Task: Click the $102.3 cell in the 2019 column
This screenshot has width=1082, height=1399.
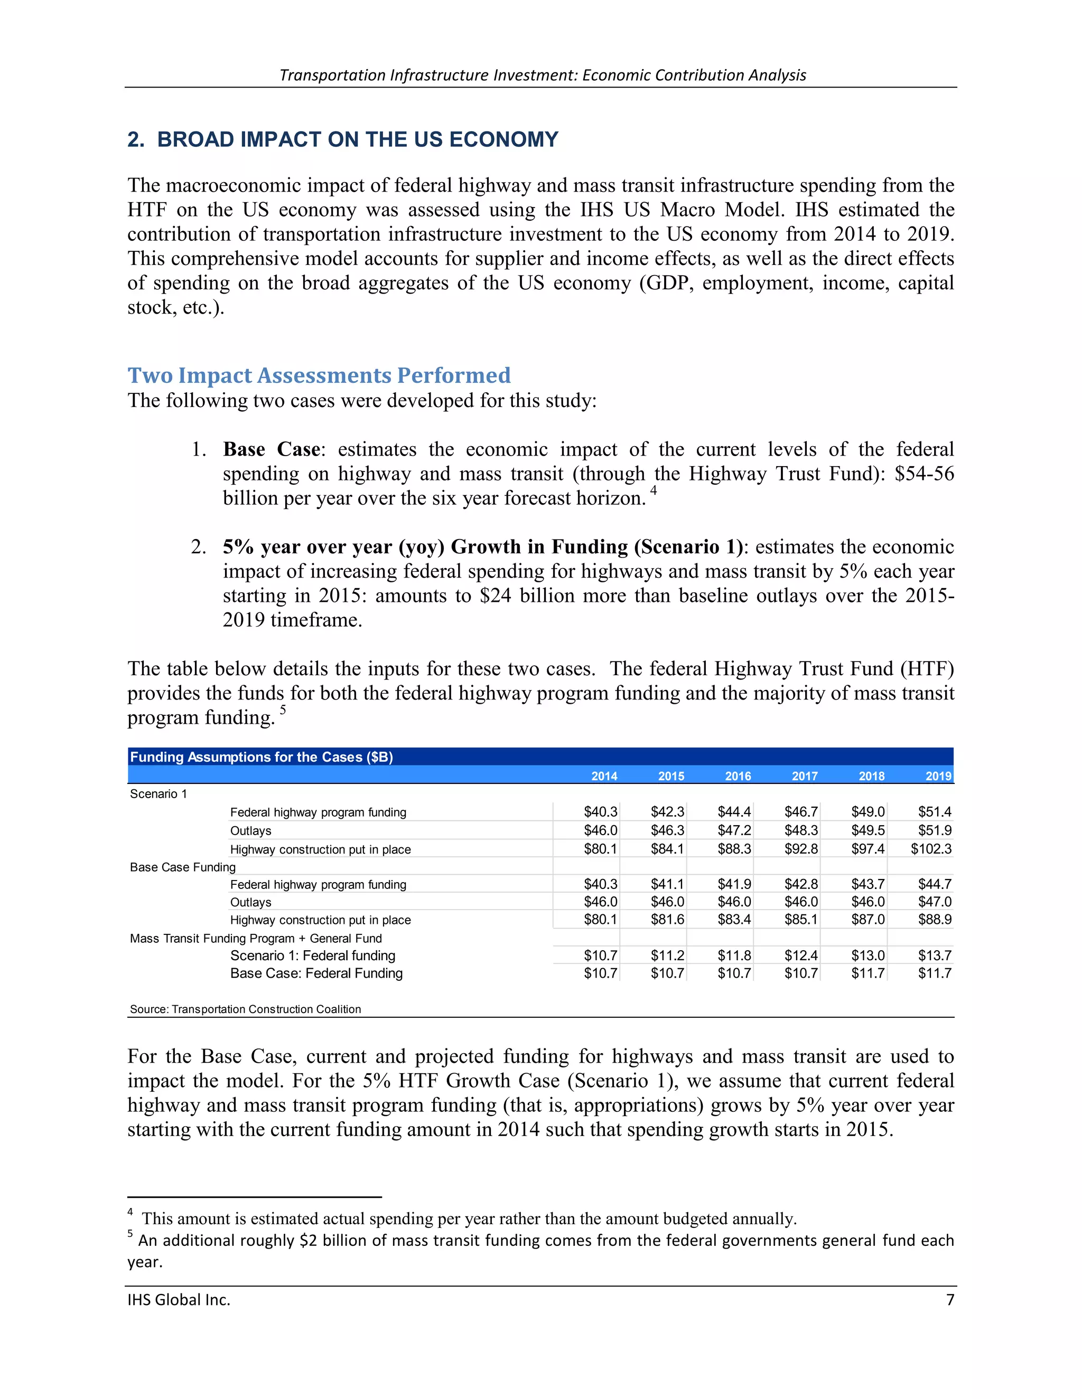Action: [x=931, y=849]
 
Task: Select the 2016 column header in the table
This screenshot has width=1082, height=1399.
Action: [x=738, y=776]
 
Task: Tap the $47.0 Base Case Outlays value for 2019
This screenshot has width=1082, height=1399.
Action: [x=935, y=902]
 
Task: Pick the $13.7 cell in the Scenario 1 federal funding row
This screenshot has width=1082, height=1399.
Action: [x=935, y=956]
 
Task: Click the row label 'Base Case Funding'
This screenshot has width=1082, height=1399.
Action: [x=183, y=867]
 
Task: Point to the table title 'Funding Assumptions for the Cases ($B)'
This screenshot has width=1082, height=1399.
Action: [x=262, y=757]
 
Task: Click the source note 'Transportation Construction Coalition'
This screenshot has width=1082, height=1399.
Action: [x=266, y=1009]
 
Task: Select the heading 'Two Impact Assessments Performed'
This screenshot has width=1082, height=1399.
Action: [x=319, y=375]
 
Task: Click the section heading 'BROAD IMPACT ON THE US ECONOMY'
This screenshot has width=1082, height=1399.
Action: [x=357, y=140]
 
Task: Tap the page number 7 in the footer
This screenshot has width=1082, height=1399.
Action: [x=950, y=1300]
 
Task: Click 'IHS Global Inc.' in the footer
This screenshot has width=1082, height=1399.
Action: [x=179, y=1300]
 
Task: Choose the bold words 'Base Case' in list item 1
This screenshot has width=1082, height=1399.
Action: [x=271, y=450]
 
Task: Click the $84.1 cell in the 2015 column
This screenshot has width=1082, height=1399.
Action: [x=667, y=849]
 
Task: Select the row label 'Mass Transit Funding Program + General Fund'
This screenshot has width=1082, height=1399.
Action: [x=256, y=939]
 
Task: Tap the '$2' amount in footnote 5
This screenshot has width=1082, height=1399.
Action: [x=307, y=1241]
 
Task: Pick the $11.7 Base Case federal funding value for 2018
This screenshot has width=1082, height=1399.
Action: [x=868, y=973]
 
